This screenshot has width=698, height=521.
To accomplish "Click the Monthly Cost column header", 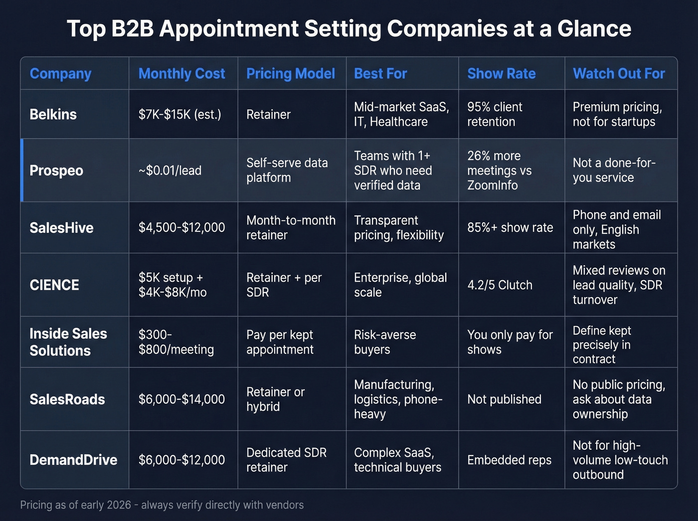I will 181,74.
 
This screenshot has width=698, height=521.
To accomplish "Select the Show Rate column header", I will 501,74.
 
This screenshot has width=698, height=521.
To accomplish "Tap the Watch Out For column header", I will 619,74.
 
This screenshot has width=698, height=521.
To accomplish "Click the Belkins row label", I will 53,114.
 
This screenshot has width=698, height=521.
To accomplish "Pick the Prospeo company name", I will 56,171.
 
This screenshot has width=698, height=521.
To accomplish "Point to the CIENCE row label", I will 54,285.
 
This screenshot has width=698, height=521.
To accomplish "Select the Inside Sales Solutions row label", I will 68,342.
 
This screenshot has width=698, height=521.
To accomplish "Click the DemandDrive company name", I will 73,460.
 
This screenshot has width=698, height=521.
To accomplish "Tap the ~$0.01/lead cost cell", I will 170,171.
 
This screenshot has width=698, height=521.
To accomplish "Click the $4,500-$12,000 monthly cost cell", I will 181,228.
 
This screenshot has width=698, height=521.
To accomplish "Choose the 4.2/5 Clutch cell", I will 500,285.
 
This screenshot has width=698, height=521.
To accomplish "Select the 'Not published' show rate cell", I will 504,399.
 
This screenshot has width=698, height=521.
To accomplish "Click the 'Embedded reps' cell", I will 509,460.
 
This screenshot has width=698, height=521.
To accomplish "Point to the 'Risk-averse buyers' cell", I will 385,342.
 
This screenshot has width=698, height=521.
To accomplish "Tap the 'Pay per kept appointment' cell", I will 280,342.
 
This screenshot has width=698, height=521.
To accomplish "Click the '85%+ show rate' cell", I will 510,228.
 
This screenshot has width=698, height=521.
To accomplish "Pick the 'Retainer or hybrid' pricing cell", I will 275,399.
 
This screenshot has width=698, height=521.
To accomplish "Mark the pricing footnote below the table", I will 162,505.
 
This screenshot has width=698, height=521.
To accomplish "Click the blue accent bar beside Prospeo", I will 22,171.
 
